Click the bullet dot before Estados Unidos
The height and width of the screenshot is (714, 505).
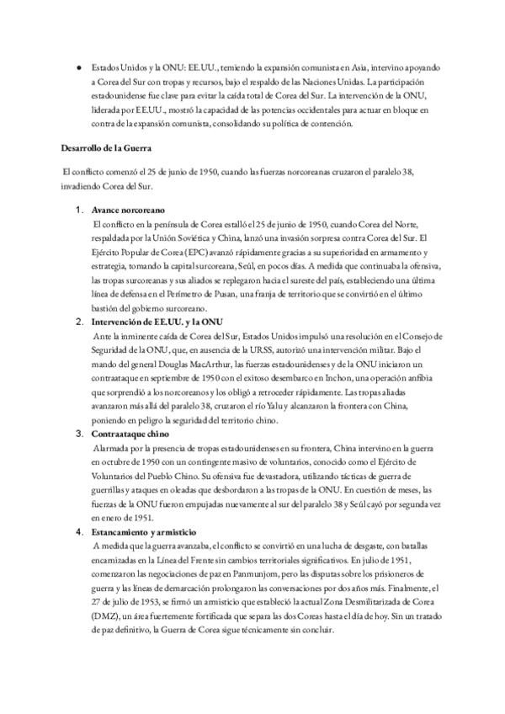point(78,65)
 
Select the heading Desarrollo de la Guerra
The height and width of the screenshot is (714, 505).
point(105,148)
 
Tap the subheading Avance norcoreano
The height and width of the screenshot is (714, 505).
point(129,208)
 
